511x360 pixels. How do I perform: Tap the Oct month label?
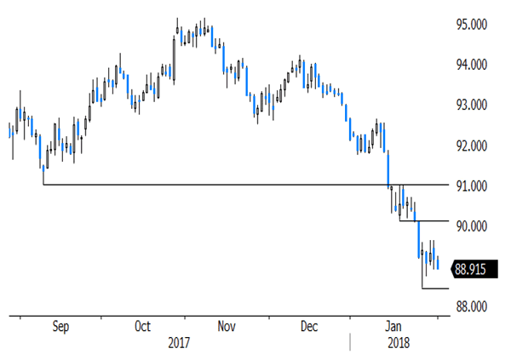click(x=144, y=326)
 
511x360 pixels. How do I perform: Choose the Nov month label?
click(x=226, y=326)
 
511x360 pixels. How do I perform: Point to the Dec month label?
click(x=309, y=326)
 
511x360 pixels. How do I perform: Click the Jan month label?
click(x=393, y=326)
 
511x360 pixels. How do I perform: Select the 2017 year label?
click(x=178, y=342)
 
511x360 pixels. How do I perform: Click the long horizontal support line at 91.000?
click(x=213, y=185)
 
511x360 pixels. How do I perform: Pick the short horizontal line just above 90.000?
click(x=423, y=221)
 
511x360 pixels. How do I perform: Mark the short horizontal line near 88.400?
click(x=434, y=289)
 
